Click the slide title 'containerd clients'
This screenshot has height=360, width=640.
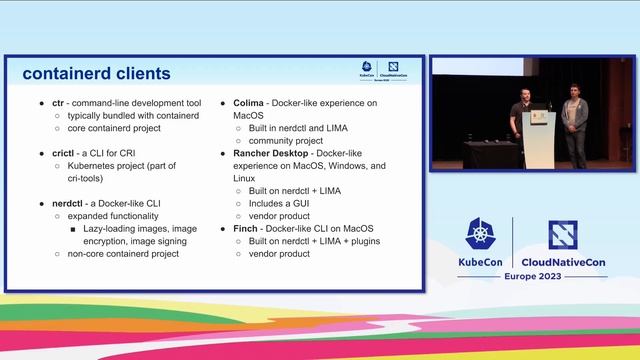coord(96,74)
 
